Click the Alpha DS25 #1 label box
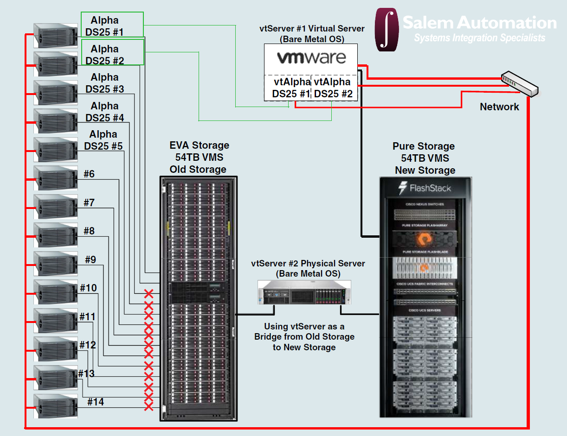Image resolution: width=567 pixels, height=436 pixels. [112, 26]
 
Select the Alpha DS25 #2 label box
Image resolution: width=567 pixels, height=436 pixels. [112, 54]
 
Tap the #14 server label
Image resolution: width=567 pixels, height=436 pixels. [96, 402]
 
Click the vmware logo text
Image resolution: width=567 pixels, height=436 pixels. [311, 58]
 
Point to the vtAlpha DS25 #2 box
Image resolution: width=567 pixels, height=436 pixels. [333, 88]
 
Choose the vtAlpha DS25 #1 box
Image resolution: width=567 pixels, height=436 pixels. [291, 88]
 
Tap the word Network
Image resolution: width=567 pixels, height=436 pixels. [499, 107]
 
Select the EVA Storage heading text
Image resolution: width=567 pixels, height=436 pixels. [199, 145]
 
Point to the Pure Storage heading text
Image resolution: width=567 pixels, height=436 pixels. [424, 146]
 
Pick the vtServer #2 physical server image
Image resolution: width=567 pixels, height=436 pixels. [304, 292]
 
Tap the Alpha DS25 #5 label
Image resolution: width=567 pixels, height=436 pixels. [103, 140]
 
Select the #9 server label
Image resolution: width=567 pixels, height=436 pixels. [90, 259]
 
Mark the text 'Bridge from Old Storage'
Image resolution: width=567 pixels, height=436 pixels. [304, 337]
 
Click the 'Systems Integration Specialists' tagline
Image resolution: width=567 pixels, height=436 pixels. [479, 38]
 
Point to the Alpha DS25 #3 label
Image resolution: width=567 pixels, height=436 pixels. [105, 83]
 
